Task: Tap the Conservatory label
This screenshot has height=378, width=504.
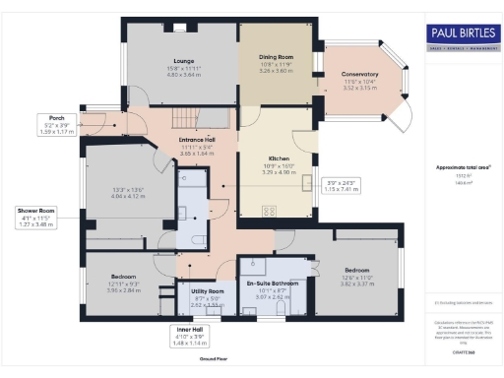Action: point(360,75)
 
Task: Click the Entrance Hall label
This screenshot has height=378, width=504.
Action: point(197,141)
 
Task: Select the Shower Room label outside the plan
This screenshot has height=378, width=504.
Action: point(33,210)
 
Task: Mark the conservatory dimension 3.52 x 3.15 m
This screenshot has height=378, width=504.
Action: point(360,87)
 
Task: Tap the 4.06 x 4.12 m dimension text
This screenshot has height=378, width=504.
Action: point(129,196)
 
